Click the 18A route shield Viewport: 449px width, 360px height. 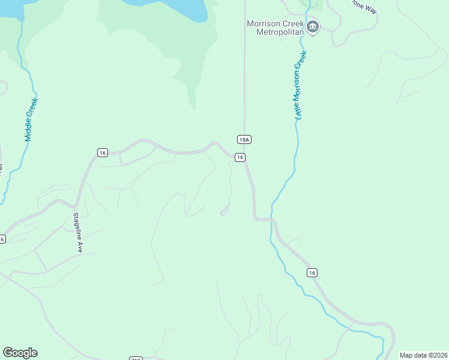243,140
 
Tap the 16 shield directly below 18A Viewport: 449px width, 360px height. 240,157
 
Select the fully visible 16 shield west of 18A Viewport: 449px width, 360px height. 103,153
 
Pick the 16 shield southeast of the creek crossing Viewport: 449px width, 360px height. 312,272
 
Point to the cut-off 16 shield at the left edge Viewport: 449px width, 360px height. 2,239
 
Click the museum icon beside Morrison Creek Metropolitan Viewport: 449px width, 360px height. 313,26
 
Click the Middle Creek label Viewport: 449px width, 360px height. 31,120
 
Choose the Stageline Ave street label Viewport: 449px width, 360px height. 77,232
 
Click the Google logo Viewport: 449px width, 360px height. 20,353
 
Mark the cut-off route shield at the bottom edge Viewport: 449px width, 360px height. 136,358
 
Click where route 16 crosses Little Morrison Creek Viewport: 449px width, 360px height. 272,220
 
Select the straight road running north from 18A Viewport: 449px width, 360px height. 244,72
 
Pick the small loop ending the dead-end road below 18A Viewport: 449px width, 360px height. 225,210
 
